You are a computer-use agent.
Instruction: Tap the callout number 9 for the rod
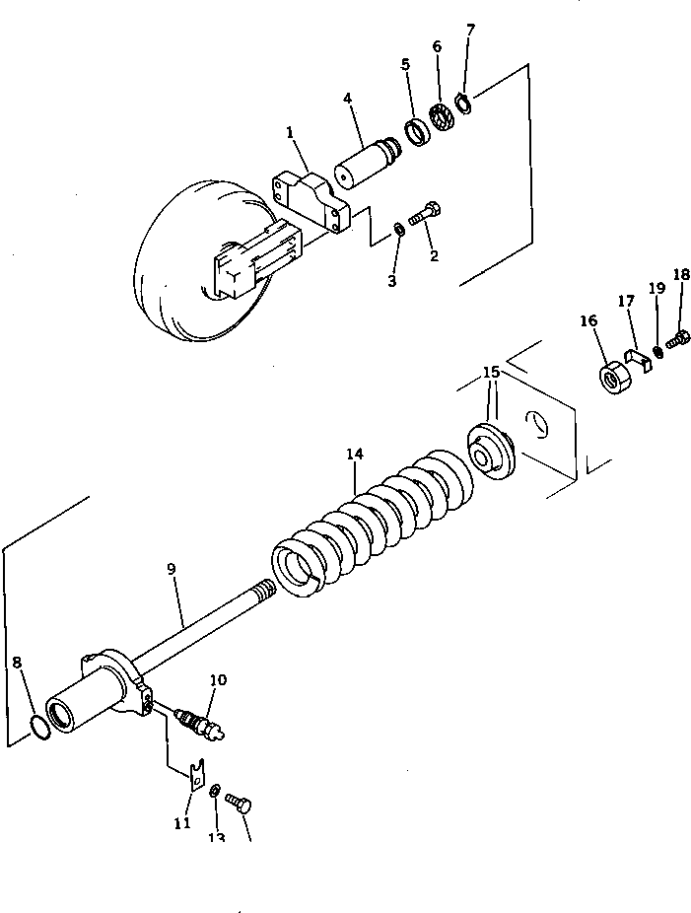click(172, 569)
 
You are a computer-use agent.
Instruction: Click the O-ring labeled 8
click(40, 727)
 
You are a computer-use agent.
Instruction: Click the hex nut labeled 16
click(612, 378)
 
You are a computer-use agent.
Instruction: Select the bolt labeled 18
click(678, 339)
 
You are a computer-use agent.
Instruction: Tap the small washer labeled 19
click(657, 351)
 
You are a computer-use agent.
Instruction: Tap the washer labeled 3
click(398, 230)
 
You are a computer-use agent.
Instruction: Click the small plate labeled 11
click(197, 772)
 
